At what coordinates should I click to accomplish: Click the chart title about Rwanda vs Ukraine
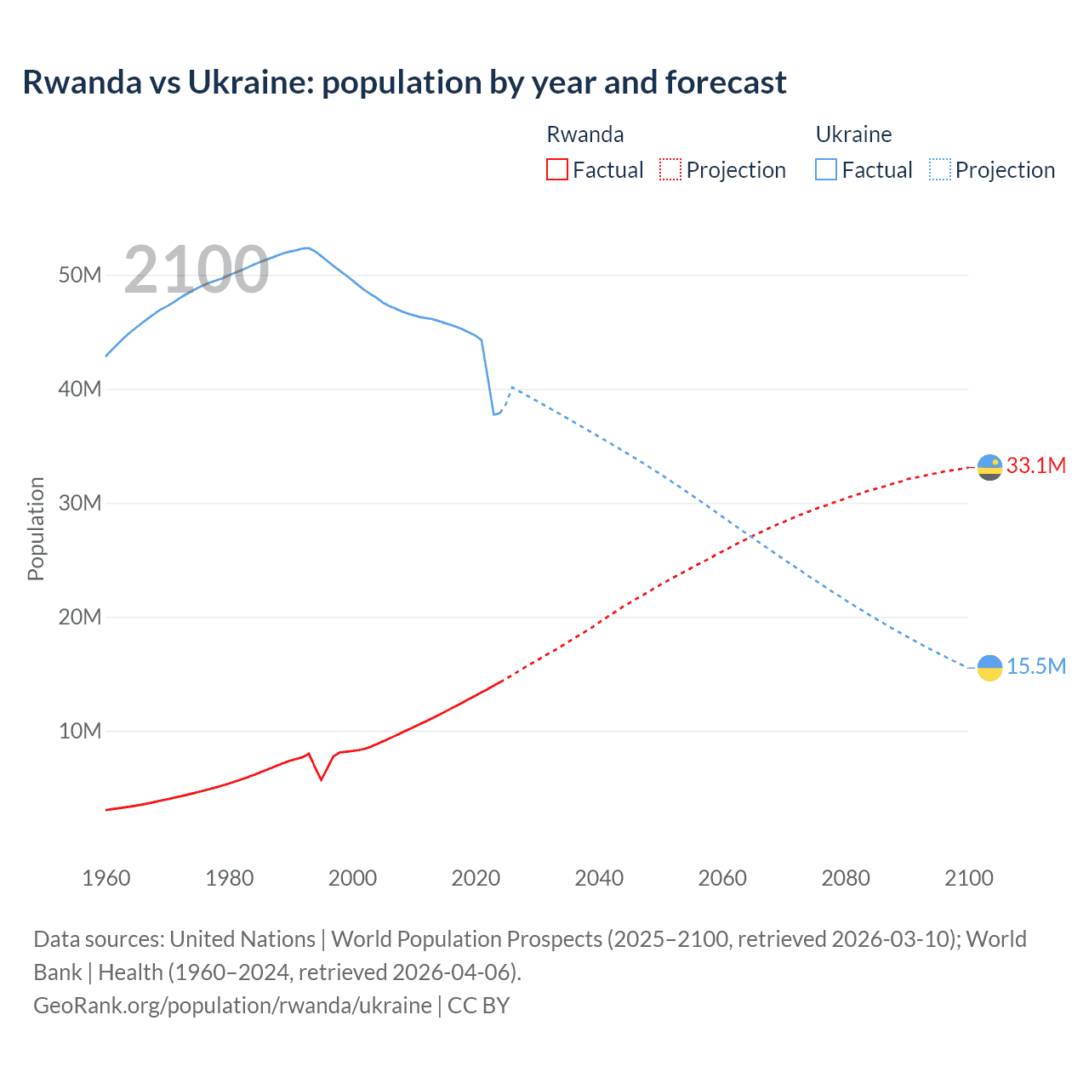(404, 83)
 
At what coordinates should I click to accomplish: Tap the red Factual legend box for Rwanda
(556, 169)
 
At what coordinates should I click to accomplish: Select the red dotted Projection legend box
(670, 169)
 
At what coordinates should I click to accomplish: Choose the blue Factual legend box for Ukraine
(825, 169)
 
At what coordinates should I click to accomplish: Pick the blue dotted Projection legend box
(940, 169)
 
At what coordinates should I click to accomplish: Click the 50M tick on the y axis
(80, 275)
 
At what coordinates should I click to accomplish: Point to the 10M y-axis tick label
(80, 731)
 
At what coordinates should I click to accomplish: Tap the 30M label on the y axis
(80, 503)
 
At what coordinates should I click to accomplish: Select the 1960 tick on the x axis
(106, 878)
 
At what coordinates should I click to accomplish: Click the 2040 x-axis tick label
(599, 878)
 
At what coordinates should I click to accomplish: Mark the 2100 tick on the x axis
(968, 878)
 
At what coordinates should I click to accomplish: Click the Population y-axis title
(36, 528)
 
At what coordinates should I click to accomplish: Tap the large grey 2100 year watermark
(197, 270)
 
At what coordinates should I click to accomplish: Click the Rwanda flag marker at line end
(989, 467)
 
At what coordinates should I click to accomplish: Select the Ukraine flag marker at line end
(989, 668)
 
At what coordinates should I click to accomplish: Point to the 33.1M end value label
(1035, 465)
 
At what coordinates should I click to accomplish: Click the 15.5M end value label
(1035, 666)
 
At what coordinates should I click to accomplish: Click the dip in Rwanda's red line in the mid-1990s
(321, 778)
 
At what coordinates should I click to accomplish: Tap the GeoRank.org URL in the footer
(232, 1005)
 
